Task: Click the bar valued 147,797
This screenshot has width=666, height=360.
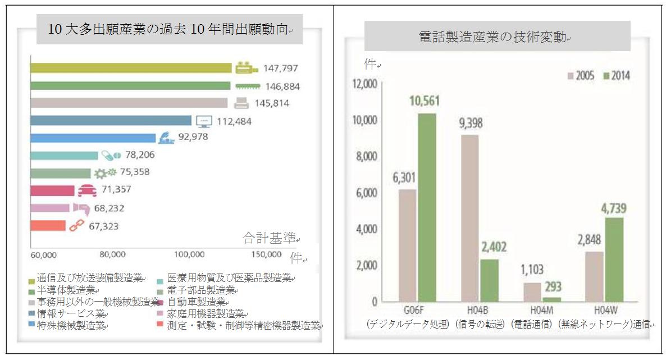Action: click(x=130, y=68)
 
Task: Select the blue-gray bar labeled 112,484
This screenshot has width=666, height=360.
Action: click(x=111, y=121)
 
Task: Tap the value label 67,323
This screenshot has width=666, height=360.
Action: click(x=103, y=226)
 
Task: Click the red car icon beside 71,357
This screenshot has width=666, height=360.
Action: click(x=86, y=191)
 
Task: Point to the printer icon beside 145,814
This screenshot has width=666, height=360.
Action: click(x=241, y=103)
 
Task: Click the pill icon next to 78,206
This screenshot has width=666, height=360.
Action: click(x=111, y=155)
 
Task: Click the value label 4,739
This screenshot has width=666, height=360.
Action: click(x=613, y=209)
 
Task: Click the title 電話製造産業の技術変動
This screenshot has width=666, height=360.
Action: click(x=496, y=37)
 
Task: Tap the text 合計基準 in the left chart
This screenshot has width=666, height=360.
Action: click(x=269, y=238)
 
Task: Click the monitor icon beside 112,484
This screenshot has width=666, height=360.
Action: click(x=204, y=121)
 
